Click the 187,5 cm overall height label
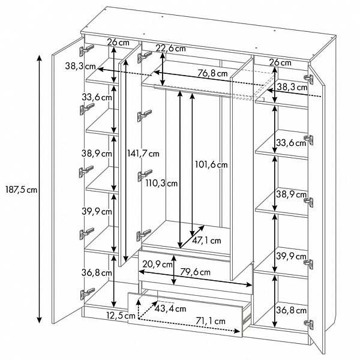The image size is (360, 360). (21, 190)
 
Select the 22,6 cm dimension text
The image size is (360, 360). (170, 49)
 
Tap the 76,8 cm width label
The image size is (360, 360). (212, 73)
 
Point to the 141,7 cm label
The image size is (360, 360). (143, 154)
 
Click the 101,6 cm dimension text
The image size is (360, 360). (211, 164)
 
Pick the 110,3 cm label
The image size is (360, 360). (161, 183)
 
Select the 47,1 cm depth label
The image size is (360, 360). (206, 241)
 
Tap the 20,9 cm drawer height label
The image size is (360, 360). (157, 264)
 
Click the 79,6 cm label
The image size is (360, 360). (195, 272)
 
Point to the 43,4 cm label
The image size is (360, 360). (170, 308)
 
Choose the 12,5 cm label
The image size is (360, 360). (121, 316)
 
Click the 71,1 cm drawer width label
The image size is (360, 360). (211, 321)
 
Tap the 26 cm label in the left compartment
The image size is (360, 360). (118, 42)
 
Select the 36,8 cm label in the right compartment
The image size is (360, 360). (291, 310)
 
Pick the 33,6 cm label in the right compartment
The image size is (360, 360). (291, 143)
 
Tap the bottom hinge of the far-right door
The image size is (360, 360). (308, 325)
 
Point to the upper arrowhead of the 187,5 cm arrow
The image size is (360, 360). (40, 58)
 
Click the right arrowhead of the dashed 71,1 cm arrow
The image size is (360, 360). (237, 331)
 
